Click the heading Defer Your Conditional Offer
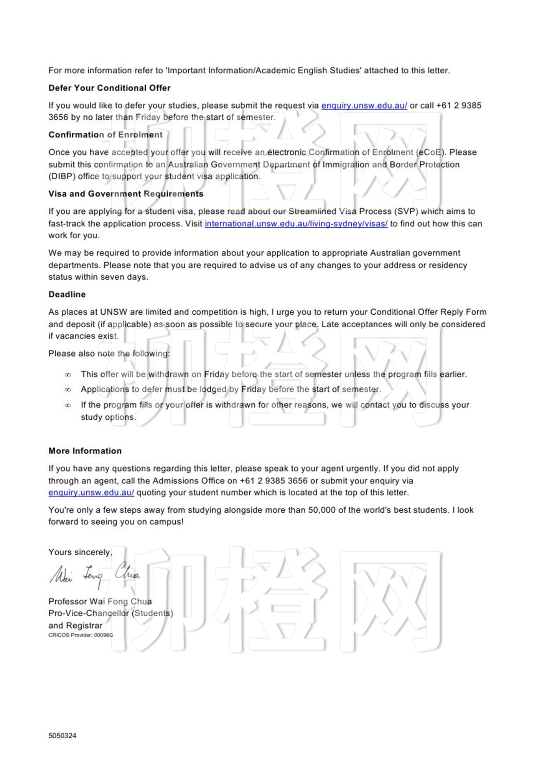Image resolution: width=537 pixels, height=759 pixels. [109, 88]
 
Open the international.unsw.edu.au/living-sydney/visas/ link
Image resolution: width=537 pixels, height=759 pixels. [296, 224]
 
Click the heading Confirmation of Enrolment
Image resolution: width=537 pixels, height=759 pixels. [105, 135]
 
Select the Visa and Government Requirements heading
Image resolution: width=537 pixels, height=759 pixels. [126, 194]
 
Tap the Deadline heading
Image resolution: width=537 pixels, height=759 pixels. [67, 294]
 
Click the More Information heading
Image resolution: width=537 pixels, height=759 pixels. [85, 451]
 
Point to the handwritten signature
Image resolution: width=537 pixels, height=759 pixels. [95, 574]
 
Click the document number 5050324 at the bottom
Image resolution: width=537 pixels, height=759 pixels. [63, 736]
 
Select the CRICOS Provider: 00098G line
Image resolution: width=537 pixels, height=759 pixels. [81, 635]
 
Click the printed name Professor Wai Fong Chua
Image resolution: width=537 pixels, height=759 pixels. [100, 601]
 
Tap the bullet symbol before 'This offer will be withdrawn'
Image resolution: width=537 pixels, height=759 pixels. [68, 375]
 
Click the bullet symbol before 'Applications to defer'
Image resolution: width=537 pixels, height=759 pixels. [68, 390]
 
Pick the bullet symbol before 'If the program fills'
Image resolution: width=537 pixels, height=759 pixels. [68, 405]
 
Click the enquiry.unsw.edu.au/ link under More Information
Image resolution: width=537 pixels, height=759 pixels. [91, 493]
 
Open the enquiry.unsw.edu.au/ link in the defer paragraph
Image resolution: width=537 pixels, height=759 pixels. [364, 106]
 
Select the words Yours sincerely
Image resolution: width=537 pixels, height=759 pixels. [80, 552]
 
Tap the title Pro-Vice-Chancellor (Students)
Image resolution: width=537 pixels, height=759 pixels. [110, 613]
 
